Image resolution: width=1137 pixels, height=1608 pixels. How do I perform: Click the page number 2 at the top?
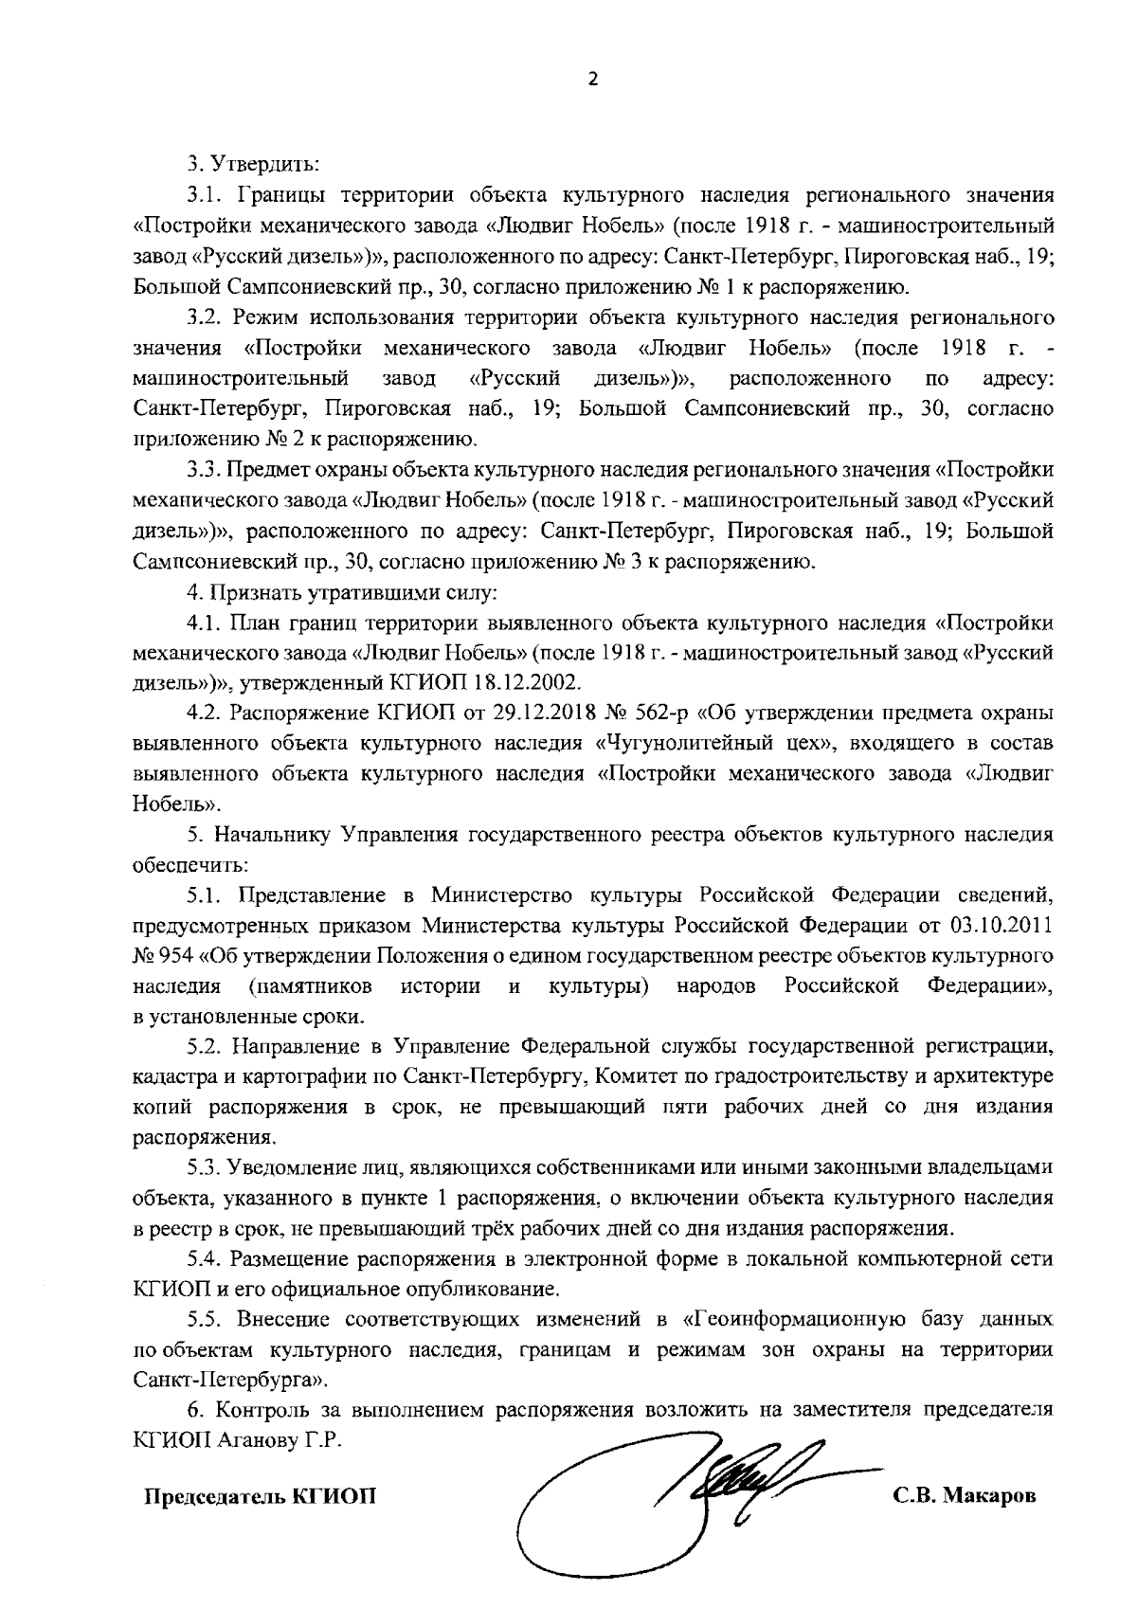coord(593,81)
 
